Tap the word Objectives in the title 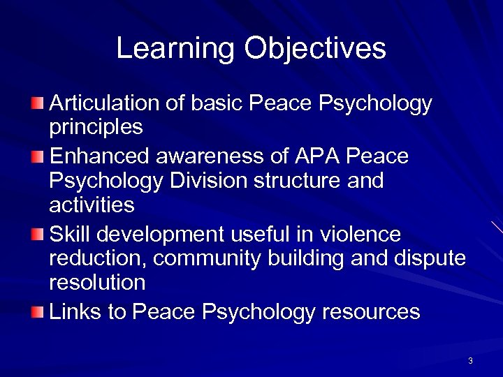[315, 49]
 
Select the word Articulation [105, 104]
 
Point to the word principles [96, 128]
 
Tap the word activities [92, 205]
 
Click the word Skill [69, 234]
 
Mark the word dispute [428, 259]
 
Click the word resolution [97, 283]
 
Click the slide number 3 [470, 361]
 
